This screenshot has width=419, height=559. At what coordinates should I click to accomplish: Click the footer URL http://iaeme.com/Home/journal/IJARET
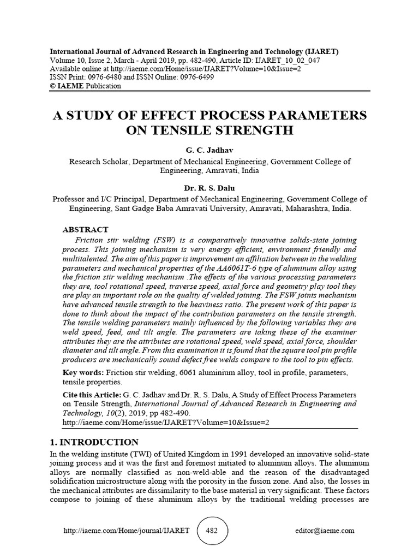[x=127, y=530]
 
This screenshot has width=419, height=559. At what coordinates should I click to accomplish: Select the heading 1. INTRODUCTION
[x=94, y=442]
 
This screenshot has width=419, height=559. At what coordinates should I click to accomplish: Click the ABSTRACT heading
[x=85, y=230]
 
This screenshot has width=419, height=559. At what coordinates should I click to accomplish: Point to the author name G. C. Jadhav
[x=209, y=150]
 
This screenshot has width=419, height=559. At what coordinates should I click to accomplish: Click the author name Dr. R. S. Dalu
[x=209, y=187]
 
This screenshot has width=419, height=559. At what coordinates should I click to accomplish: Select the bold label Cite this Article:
[x=93, y=394]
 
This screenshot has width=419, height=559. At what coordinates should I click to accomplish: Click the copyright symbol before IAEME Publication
[x=53, y=86]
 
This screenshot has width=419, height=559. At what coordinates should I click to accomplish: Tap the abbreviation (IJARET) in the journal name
[x=319, y=52]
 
